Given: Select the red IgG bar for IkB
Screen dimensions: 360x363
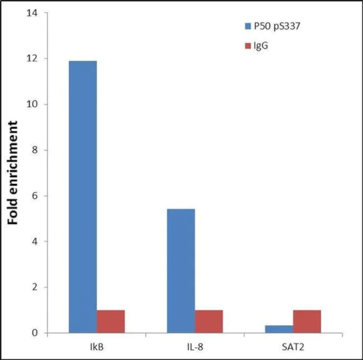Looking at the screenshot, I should [111, 321].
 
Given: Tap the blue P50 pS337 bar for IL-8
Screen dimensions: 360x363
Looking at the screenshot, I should [181, 271].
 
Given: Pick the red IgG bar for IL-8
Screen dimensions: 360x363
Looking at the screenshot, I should [209, 321].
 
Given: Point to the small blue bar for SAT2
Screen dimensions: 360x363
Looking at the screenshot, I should [279, 329].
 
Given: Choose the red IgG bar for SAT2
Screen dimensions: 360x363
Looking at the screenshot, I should [307, 321].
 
